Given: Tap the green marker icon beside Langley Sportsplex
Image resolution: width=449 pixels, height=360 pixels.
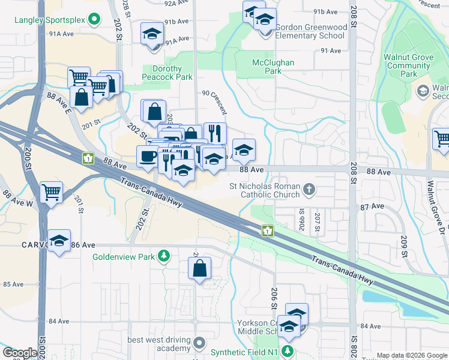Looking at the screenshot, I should [93, 20].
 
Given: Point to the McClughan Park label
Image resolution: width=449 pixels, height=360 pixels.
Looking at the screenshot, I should [266, 67].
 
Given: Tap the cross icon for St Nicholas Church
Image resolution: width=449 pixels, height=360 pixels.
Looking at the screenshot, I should [309, 190].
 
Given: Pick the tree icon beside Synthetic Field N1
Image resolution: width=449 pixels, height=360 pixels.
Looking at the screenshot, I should [289, 350].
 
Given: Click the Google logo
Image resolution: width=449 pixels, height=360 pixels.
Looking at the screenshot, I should [20, 353].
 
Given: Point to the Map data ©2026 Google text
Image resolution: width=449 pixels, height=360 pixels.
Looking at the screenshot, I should [411, 355].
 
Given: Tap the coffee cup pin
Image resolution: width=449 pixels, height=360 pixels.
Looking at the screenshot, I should [148, 157].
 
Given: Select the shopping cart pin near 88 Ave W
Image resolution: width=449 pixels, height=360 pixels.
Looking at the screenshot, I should [52, 193].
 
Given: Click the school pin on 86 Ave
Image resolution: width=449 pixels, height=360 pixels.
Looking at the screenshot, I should [59, 241].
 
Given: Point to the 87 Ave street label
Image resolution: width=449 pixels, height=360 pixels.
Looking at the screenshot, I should [372, 206].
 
